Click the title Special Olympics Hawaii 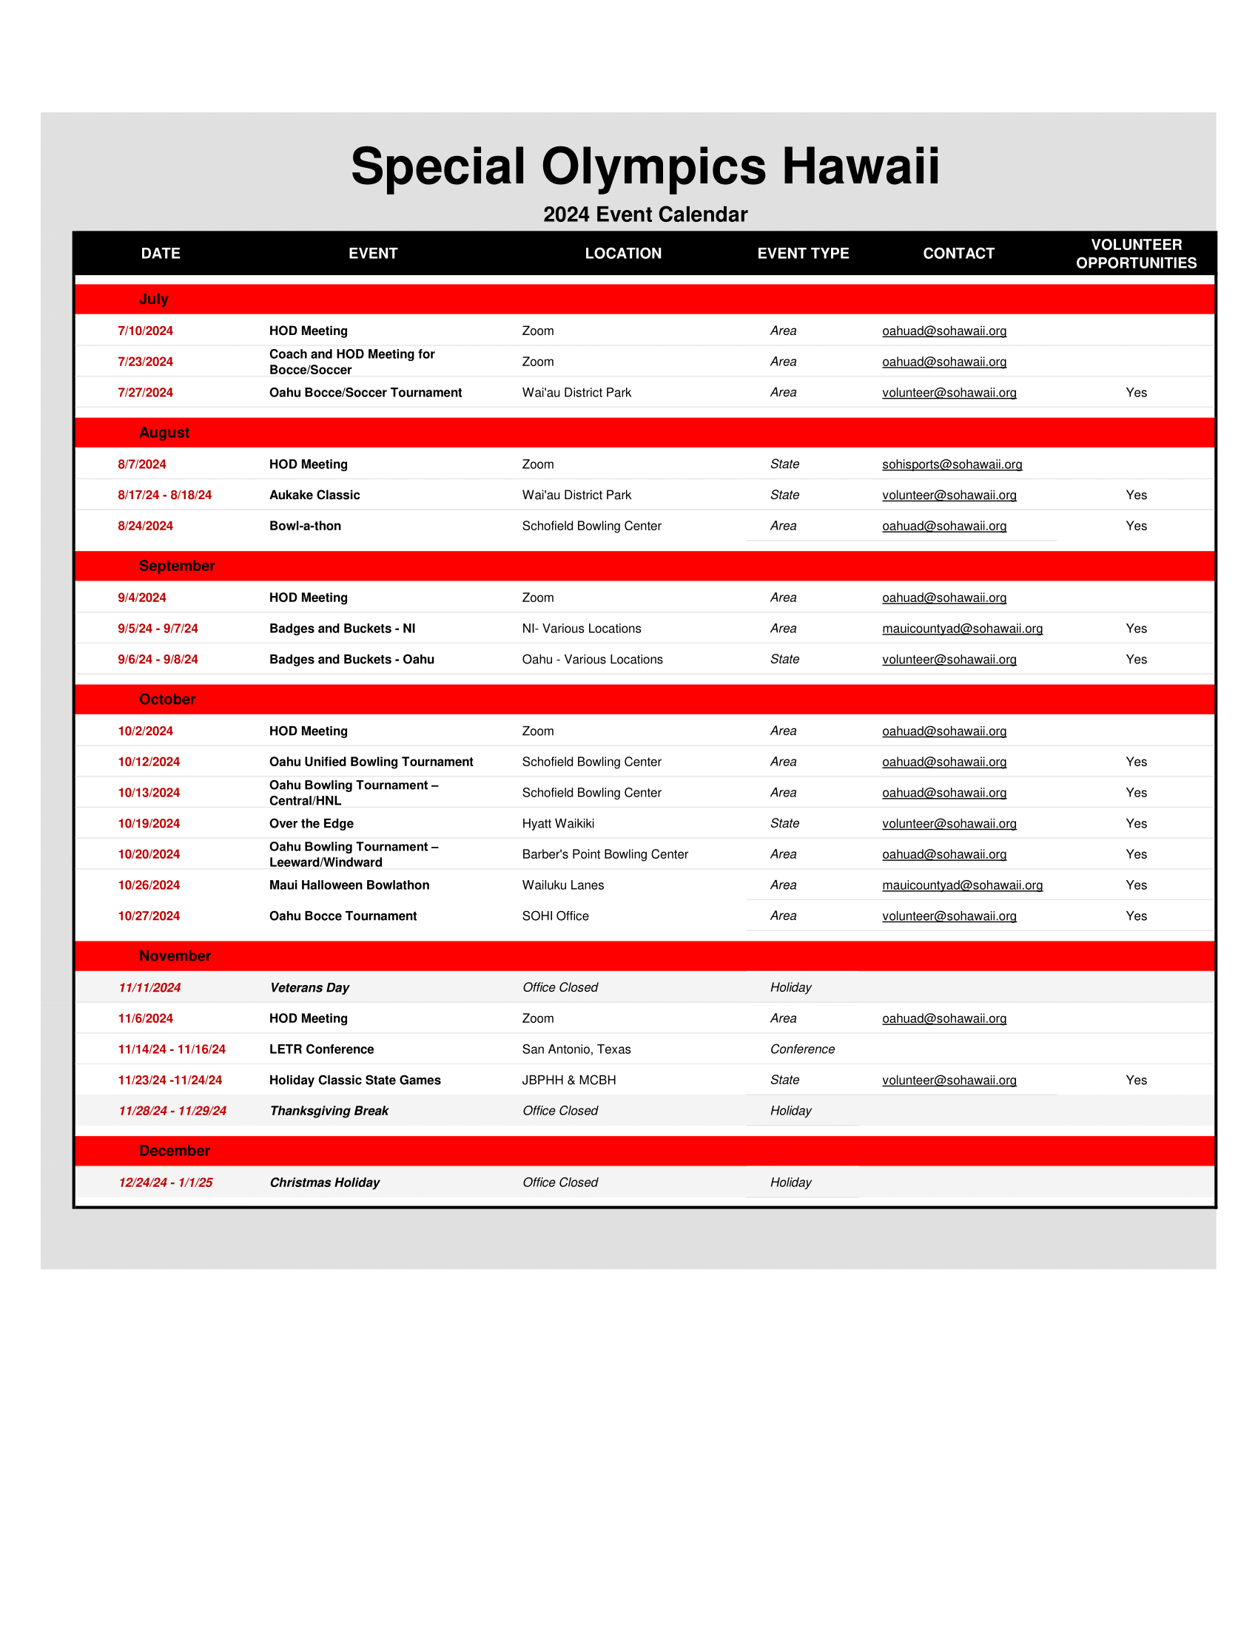(x=645, y=166)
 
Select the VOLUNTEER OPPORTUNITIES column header (x=1136, y=254)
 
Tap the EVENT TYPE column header (x=803, y=254)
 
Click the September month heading (x=177, y=566)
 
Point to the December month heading (x=175, y=1151)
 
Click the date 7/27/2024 (x=145, y=393)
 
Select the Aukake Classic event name (x=314, y=495)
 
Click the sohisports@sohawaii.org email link (x=952, y=465)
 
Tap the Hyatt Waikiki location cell (x=557, y=824)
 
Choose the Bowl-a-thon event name (x=305, y=526)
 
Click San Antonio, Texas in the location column (x=576, y=1049)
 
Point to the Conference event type (x=802, y=1049)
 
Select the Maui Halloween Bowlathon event (x=349, y=886)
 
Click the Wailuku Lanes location (x=562, y=886)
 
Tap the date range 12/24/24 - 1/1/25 (x=166, y=1183)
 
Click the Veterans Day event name (x=309, y=988)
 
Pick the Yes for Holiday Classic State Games (x=1136, y=1080)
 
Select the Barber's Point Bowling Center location (x=605, y=854)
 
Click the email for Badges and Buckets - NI (x=962, y=629)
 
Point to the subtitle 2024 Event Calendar (x=645, y=214)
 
